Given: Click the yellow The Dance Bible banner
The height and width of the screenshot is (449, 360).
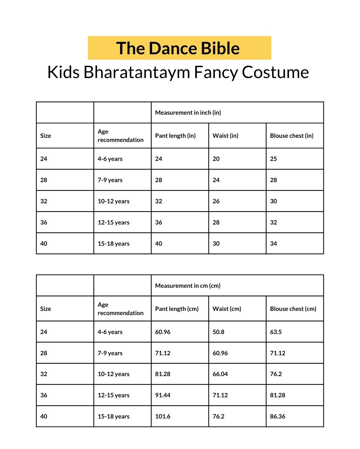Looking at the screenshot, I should click(179, 48).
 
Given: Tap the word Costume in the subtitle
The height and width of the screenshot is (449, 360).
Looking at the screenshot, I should click(275, 72).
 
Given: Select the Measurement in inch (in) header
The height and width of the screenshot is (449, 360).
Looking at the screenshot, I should click(188, 112).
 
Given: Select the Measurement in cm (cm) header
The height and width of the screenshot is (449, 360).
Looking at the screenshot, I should click(188, 286).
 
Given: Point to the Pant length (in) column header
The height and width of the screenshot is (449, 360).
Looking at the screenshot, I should click(175, 136).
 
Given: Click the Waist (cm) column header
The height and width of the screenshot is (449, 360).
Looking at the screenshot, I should click(227, 309).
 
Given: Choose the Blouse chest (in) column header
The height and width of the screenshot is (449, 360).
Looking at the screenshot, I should click(291, 136).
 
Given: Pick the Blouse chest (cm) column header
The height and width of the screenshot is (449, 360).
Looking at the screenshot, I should click(293, 309).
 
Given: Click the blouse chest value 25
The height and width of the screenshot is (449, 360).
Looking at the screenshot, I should click(273, 159).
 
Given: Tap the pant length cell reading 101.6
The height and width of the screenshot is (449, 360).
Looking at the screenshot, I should click(163, 416).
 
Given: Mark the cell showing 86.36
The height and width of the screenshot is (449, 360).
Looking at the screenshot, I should click(278, 416).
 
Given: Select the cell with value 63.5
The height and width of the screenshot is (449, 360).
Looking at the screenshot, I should click(276, 332).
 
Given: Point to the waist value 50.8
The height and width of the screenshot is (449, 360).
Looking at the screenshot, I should click(218, 332).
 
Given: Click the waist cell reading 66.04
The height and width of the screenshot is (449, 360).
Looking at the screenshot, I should click(220, 374).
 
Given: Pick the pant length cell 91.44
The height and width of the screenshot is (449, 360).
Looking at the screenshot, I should click(163, 395).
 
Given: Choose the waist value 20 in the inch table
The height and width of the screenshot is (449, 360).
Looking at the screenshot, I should click(216, 159).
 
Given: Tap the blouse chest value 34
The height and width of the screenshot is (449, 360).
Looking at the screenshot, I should click(273, 243).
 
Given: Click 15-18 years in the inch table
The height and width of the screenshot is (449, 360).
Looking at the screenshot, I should click(114, 243).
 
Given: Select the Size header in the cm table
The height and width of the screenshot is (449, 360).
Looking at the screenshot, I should click(46, 309).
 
